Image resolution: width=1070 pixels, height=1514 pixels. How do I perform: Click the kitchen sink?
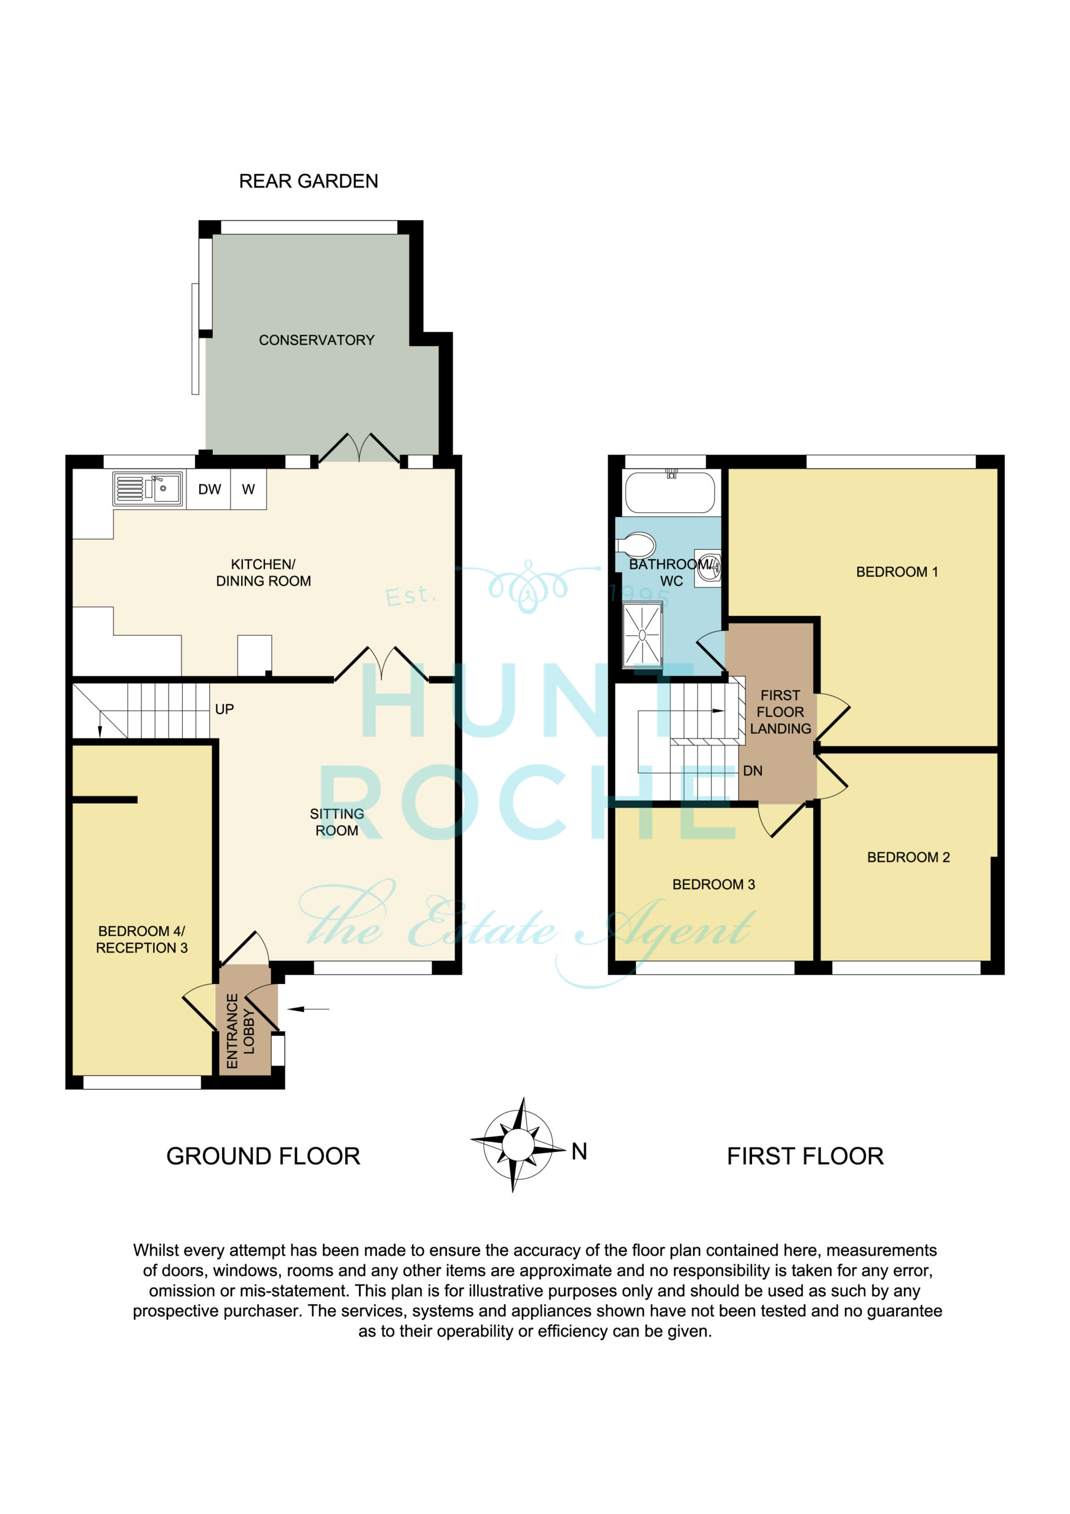148,489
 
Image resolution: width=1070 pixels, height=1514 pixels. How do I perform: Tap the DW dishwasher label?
210,489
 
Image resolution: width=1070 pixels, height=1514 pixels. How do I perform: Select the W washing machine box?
248,489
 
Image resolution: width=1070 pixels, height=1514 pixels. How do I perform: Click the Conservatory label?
316,340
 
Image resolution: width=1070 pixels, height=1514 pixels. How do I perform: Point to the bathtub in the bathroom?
669,492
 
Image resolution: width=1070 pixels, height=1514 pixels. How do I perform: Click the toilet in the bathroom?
635,545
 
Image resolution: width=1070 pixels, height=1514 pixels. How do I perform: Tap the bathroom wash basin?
708,568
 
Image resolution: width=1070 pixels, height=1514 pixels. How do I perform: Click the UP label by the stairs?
224,710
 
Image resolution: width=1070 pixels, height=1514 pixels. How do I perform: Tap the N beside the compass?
579,1151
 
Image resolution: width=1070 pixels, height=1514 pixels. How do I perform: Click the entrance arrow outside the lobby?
308,1009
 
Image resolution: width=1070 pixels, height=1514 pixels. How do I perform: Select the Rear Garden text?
309,182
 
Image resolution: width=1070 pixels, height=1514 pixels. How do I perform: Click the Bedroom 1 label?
897,572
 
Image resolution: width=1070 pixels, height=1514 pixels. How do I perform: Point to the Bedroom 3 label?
714,885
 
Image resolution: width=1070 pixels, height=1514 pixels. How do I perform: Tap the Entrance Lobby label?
240,1031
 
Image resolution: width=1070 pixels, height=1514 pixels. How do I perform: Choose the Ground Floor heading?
263,1156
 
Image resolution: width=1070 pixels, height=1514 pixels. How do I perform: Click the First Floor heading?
805,1156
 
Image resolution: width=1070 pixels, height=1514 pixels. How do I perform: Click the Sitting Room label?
337,822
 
